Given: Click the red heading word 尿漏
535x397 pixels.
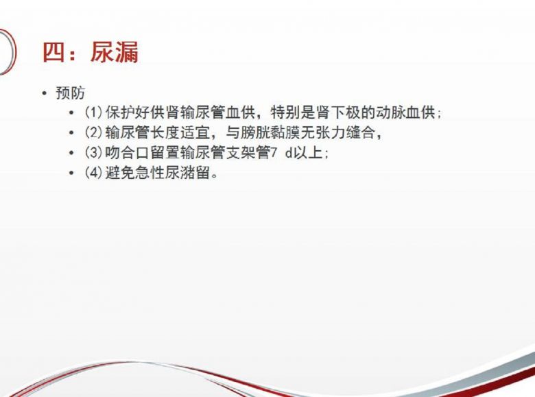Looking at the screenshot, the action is [115, 52].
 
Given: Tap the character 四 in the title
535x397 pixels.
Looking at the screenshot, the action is [53, 52].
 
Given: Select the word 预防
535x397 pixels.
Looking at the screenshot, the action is [70, 93].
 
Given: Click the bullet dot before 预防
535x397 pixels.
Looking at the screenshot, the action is [44, 93].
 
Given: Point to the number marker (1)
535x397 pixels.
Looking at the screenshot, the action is [93, 112].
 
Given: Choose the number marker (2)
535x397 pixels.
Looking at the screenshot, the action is [93, 132].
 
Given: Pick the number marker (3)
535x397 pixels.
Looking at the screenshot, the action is [93, 152].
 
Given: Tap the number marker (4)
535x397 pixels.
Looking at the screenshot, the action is [93, 173].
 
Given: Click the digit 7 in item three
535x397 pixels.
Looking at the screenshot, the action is [273, 152].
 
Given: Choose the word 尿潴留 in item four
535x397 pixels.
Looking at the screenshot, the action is [188, 173].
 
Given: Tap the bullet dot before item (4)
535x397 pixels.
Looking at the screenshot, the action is [71, 173].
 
